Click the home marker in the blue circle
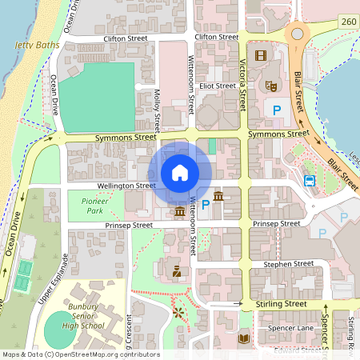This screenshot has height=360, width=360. pyautogui.click(x=180, y=172)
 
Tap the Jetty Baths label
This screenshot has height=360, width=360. pyautogui.click(x=37, y=46)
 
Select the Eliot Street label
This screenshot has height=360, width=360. pyautogui.click(x=217, y=86)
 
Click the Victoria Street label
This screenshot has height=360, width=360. pyautogui.click(x=242, y=84)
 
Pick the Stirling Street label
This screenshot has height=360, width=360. pyautogui.click(x=281, y=304)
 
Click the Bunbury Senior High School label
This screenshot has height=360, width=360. pyautogui.click(x=82, y=317)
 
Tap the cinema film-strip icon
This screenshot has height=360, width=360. pyautogui.click(x=260, y=55)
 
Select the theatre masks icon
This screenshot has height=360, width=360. pyautogui.click(x=270, y=83)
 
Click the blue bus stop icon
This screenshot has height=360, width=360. pyautogui.click(x=310, y=181)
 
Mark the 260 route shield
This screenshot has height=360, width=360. pyautogui.click(x=347, y=21)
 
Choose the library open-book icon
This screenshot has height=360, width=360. pyautogui.click(x=244, y=338)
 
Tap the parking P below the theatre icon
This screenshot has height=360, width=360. pyautogui.click(x=277, y=110)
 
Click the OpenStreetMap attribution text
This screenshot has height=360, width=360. pyautogui.click(x=80, y=354)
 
